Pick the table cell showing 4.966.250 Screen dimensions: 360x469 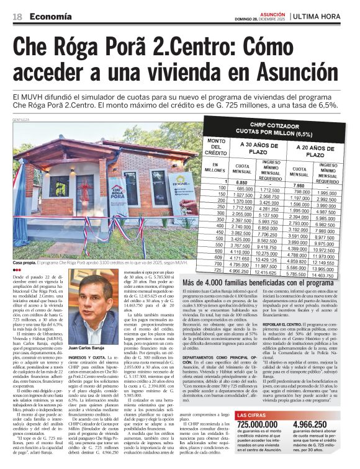pos(240,272)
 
